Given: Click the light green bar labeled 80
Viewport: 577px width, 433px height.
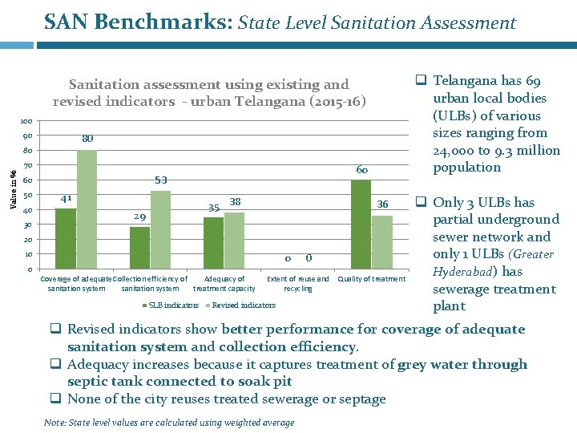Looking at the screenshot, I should click(87, 209).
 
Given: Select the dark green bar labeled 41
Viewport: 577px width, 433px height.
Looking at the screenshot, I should click(66, 238).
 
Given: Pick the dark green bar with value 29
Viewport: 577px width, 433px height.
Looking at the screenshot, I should click(139, 248).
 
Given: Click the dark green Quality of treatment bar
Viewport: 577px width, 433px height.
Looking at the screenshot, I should click(361, 225).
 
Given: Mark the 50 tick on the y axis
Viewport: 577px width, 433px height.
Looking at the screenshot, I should click(27, 196).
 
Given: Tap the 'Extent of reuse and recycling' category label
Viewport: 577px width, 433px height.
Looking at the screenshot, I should click(297, 284).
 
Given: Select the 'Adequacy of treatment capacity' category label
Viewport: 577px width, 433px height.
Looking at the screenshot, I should click(224, 284).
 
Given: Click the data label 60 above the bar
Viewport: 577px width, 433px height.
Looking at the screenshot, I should click(361, 170).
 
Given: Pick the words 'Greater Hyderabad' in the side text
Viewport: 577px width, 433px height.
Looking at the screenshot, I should click(493, 263).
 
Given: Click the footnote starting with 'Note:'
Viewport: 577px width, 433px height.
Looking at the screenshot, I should click(170, 423).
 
